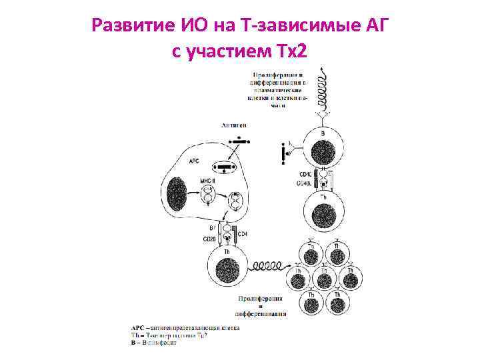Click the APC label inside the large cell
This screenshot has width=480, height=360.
194,161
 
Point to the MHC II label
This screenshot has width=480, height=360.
207,181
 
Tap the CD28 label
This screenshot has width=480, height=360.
209,239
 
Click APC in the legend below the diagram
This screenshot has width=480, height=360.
138,327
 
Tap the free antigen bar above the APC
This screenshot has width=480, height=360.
237,141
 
